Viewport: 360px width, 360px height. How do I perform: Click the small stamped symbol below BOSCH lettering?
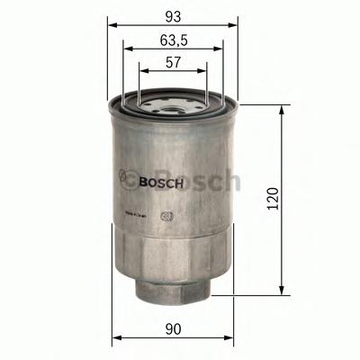point(165,215)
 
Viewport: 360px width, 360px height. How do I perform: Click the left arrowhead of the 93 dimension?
point(112,26)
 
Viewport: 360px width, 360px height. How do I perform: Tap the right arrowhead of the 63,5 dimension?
point(219,49)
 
